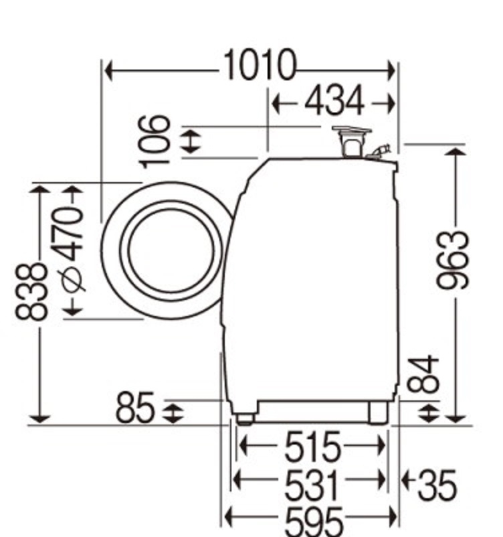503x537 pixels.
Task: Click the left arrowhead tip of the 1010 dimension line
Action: (105, 71)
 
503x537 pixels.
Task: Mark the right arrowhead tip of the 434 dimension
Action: (395, 102)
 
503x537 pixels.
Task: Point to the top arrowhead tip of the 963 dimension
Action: (456, 149)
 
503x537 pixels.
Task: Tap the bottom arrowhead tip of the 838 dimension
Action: (40, 423)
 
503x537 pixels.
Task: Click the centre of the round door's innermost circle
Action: (171, 250)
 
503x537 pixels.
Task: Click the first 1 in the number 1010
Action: (230, 64)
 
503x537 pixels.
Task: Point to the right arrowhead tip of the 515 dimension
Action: (385, 445)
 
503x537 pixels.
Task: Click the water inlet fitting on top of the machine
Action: (352, 141)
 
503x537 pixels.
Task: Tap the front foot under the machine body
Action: (244, 419)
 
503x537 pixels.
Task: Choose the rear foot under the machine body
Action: (378, 412)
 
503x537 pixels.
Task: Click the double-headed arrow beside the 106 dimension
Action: (190, 141)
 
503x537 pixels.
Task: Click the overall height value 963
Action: (452, 260)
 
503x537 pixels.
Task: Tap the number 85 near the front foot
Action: (134, 408)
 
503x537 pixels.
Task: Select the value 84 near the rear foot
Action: (423, 374)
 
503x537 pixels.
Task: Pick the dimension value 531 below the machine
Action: (312, 484)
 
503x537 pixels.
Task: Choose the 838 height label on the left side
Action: (31, 292)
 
